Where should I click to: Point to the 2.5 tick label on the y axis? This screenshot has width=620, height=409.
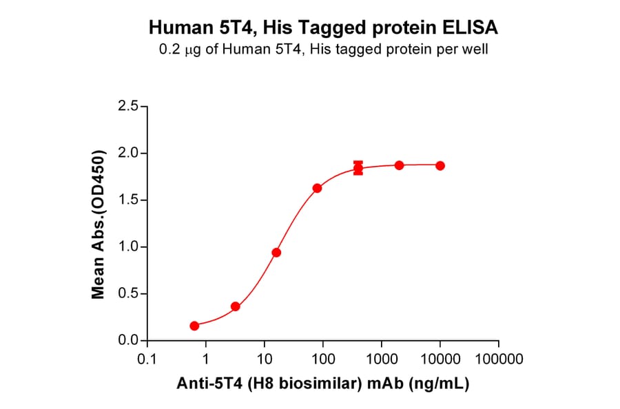tap(125, 107)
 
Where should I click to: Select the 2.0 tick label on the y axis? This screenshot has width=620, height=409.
tap(125, 154)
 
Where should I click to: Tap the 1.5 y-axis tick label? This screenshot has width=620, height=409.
tap(125, 200)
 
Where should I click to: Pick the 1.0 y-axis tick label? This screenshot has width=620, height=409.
tap(125, 247)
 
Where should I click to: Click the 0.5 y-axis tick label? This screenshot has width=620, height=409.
tap(125, 294)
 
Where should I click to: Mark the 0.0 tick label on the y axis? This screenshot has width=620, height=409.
tap(125, 341)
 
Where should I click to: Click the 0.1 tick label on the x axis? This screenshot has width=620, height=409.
tap(146, 359)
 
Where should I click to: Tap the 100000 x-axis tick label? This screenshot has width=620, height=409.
tap(499, 359)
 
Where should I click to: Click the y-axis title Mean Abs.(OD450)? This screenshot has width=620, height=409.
tap(99, 224)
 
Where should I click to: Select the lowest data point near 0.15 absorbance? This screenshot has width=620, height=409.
tap(194, 326)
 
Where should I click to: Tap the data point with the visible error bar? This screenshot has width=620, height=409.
tap(358, 168)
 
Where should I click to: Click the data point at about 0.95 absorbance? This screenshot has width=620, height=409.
tap(276, 253)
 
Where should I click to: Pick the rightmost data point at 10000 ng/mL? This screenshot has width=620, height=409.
tap(440, 165)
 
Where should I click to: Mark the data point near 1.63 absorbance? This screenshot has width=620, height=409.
tap(317, 188)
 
